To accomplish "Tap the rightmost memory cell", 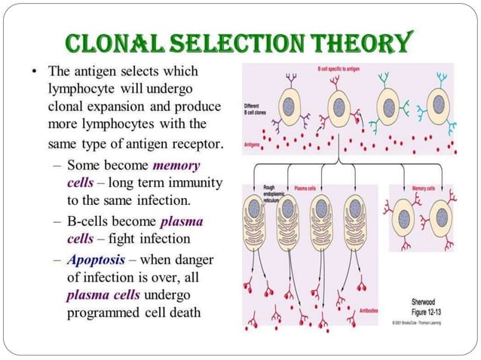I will (x=442, y=218).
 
